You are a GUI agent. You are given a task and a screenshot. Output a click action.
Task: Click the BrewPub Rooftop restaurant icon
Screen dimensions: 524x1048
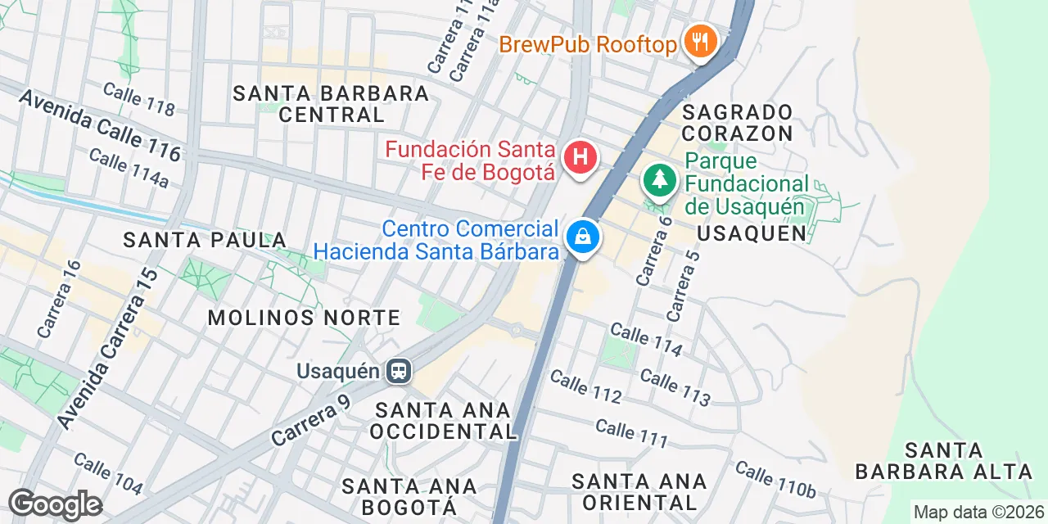(699, 41)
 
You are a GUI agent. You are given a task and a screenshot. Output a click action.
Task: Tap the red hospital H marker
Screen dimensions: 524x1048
(580, 156)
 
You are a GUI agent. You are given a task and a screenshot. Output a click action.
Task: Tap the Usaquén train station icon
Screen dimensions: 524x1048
(399, 372)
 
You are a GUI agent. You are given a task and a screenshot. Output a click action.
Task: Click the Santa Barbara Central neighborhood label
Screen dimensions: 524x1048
(331, 104)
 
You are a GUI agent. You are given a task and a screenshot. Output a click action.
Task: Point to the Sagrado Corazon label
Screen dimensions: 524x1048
(738, 123)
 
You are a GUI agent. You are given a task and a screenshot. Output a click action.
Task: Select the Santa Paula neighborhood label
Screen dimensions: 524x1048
(205, 240)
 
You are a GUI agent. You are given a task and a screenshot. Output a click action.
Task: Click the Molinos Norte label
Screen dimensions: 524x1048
(304, 318)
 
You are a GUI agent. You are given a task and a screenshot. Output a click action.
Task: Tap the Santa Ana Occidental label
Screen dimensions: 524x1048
(442, 420)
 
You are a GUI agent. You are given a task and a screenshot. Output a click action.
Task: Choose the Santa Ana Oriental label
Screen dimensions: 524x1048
(639, 491)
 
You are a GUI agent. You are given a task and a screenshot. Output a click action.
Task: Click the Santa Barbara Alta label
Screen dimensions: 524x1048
(943, 461)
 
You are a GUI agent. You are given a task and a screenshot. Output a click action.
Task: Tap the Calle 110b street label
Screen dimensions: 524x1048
(775, 480)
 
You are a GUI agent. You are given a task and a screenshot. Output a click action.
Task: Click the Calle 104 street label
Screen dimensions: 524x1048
(108, 473)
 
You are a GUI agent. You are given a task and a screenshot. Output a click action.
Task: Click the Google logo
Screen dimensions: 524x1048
(55, 504)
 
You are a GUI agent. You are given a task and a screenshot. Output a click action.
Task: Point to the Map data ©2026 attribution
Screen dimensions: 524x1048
(978, 513)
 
